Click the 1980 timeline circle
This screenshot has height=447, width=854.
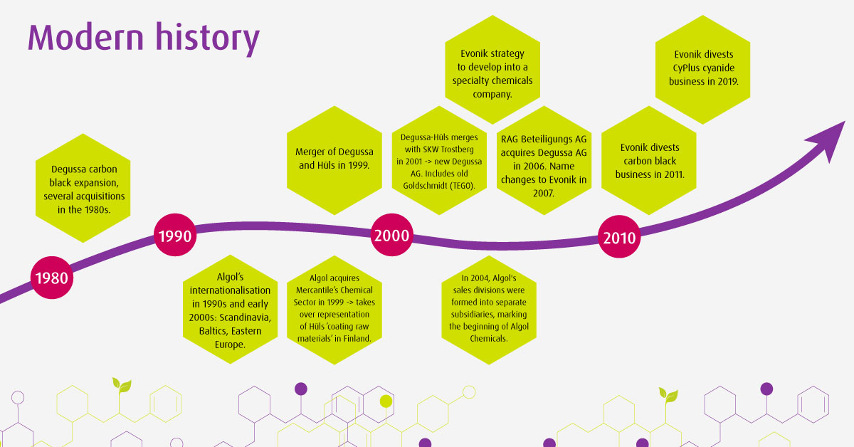click(52, 278)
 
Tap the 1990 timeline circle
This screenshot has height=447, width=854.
click(175, 235)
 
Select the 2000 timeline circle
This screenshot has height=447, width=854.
click(392, 235)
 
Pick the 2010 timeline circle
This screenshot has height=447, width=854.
click(619, 236)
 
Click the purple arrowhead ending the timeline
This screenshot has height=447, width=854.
click(828, 138)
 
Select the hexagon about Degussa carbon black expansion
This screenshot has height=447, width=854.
click(83, 188)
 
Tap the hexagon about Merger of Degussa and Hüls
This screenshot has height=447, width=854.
click(334, 161)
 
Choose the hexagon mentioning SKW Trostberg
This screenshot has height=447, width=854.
click(439, 161)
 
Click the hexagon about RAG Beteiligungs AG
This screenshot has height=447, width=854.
click(544, 161)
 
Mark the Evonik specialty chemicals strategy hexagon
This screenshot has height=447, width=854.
click(492, 70)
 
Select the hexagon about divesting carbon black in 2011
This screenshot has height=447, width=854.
click(649, 161)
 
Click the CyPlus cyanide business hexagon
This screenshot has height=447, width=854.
click(702, 70)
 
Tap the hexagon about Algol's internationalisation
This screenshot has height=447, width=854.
click(231, 310)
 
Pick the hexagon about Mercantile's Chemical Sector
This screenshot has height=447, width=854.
click(334, 310)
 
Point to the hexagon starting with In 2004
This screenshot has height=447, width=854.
click(489, 310)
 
